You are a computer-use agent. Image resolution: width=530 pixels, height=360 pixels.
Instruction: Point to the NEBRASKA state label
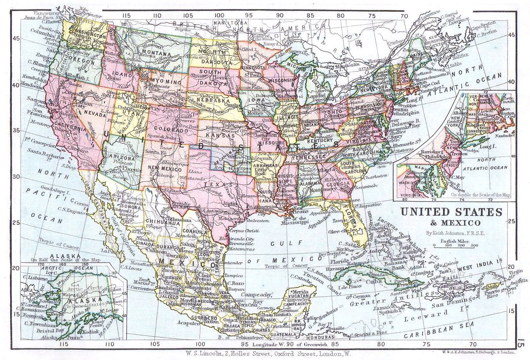(x=213, y=100)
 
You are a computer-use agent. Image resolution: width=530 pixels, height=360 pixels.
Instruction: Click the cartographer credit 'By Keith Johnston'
(x=451, y=233)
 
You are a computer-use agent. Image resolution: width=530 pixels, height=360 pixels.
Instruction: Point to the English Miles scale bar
(x=456, y=245)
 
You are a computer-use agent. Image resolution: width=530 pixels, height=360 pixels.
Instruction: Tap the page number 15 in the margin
(x=521, y=345)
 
